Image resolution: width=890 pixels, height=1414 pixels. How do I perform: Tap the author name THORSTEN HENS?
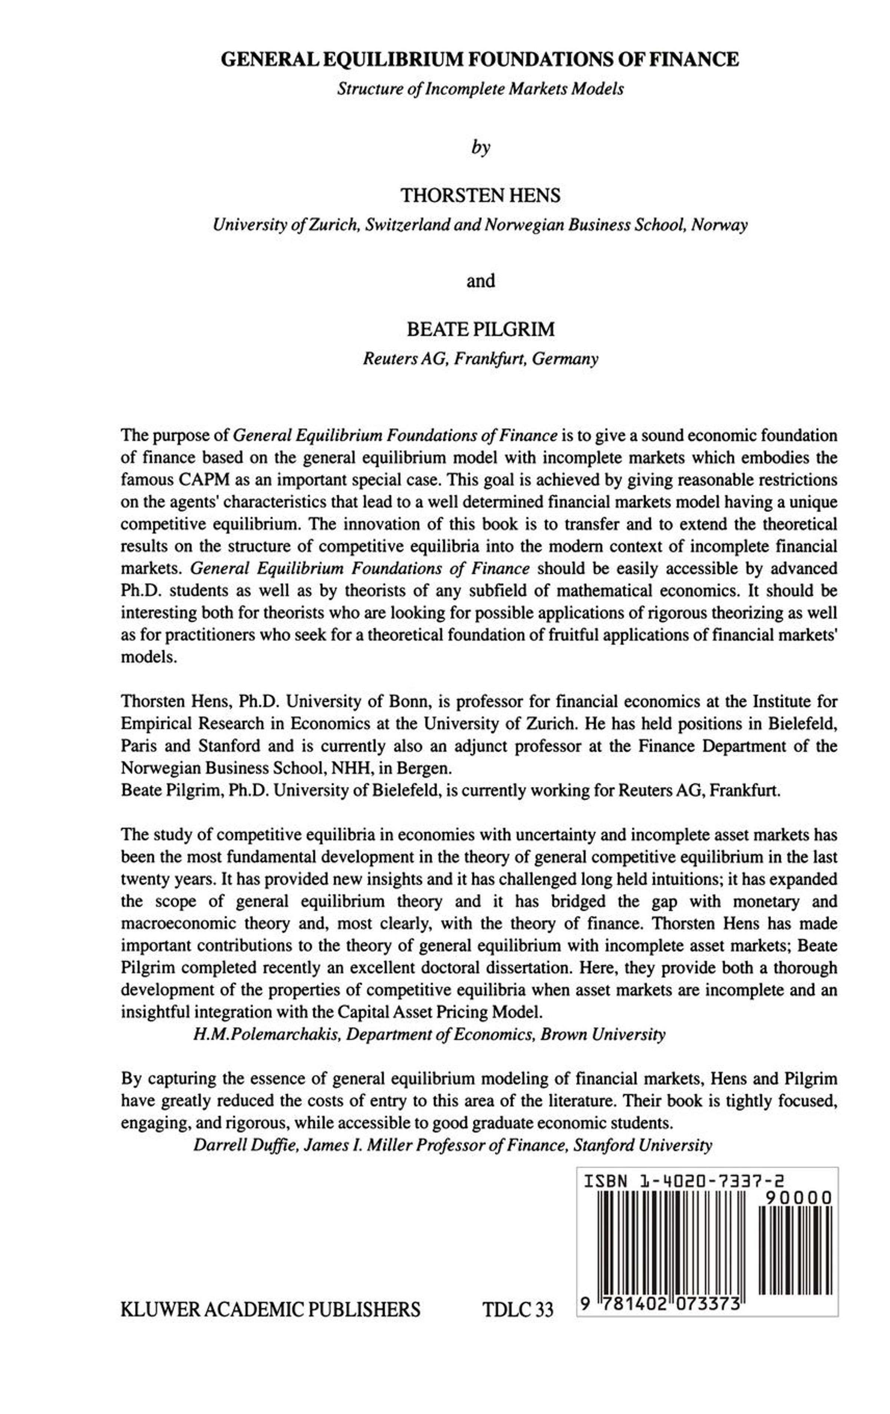[x=479, y=195]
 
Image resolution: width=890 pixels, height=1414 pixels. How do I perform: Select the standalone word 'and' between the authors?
[x=480, y=281]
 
